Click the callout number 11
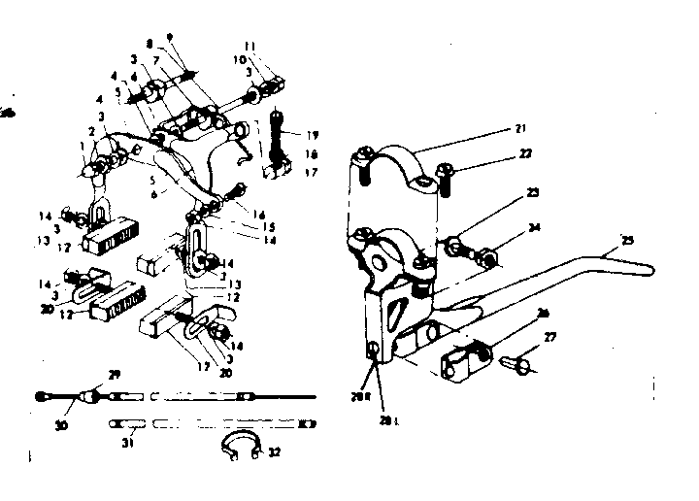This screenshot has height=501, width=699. point(277,46)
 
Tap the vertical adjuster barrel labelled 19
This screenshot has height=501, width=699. point(280,136)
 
